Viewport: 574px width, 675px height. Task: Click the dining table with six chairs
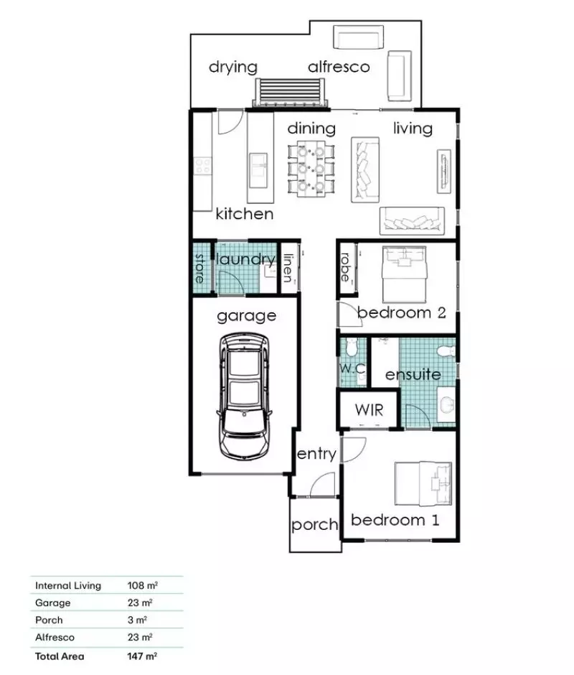pos(311,168)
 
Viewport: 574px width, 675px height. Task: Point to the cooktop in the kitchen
pos(203,167)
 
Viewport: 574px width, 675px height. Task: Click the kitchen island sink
pos(257,167)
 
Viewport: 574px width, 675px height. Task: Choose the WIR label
pos(369,411)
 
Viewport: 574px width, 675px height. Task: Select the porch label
pos(314,525)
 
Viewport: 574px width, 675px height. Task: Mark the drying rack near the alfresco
pos(290,92)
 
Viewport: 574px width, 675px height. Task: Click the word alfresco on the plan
pos(339,67)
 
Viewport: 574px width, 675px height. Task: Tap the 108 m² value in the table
pos(141,585)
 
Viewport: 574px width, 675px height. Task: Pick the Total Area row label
pos(60,656)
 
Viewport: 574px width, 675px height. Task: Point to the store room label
pos(200,267)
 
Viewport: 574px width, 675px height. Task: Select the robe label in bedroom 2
pos(346,267)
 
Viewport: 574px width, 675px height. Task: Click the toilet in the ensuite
pos(446,350)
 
